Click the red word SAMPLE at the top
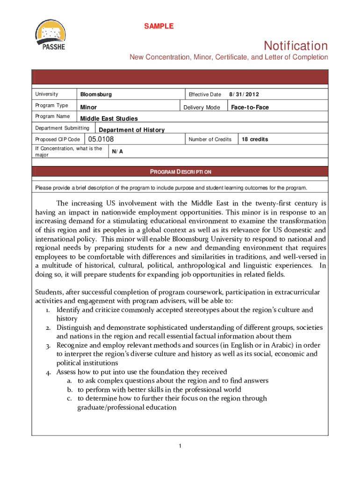click(x=158, y=26)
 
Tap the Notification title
click(x=295, y=46)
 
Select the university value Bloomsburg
click(x=96, y=94)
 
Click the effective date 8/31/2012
click(x=243, y=94)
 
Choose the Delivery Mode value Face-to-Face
click(x=250, y=108)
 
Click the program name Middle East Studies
click(x=109, y=119)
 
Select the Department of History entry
click(x=131, y=130)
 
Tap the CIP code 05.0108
click(x=101, y=139)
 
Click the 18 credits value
click(x=255, y=139)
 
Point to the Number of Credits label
click(x=210, y=139)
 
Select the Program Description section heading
click(x=180, y=172)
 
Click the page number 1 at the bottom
click(x=180, y=445)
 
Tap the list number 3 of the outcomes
click(x=48, y=345)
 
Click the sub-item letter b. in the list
click(x=70, y=390)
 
